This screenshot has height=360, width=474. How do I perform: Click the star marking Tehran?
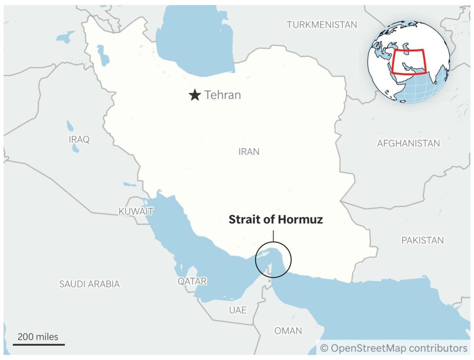click(195, 95)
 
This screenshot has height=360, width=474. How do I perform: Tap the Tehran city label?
click(223, 95)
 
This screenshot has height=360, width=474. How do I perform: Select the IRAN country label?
click(249, 152)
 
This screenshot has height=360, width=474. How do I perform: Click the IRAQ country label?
click(79, 139)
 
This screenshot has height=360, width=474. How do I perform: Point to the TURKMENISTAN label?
click(322, 25)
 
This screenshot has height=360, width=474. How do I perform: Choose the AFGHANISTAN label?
click(408, 143)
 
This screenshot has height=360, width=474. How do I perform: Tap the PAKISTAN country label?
click(422, 240)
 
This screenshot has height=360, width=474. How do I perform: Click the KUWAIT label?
click(136, 211)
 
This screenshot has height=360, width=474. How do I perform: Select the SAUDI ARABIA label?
click(89, 284)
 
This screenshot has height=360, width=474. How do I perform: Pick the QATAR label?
click(192, 281)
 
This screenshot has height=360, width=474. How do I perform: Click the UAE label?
click(238, 310)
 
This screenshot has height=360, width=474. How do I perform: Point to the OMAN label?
click(288, 331)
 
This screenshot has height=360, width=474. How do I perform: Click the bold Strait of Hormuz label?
click(275, 220)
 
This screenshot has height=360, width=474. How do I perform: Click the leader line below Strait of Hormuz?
click(273, 235)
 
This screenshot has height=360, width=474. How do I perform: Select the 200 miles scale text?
click(38, 337)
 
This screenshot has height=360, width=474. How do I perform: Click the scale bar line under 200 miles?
click(38, 344)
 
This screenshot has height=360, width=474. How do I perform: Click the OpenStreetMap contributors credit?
click(393, 348)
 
